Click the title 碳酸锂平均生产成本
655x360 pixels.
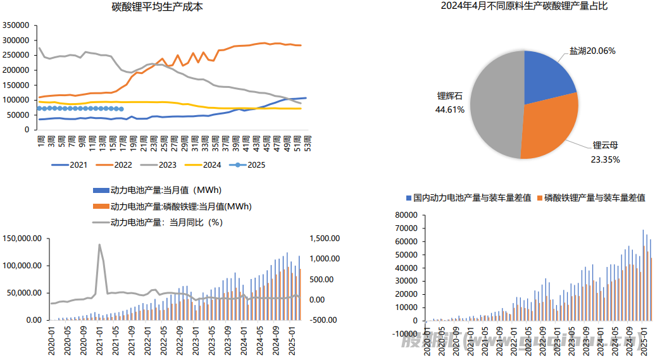[x=158, y=8]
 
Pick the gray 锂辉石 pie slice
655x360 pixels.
[x=497, y=104]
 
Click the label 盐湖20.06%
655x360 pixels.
[x=593, y=51]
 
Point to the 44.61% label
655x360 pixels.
[x=450, y=109]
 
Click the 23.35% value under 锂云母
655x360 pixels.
[x=606, y=159]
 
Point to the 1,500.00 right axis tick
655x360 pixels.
[x=325, y=239]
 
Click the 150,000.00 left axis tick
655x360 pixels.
[x=22, y=239]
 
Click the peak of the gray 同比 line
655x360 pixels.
[x=99, y=244]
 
